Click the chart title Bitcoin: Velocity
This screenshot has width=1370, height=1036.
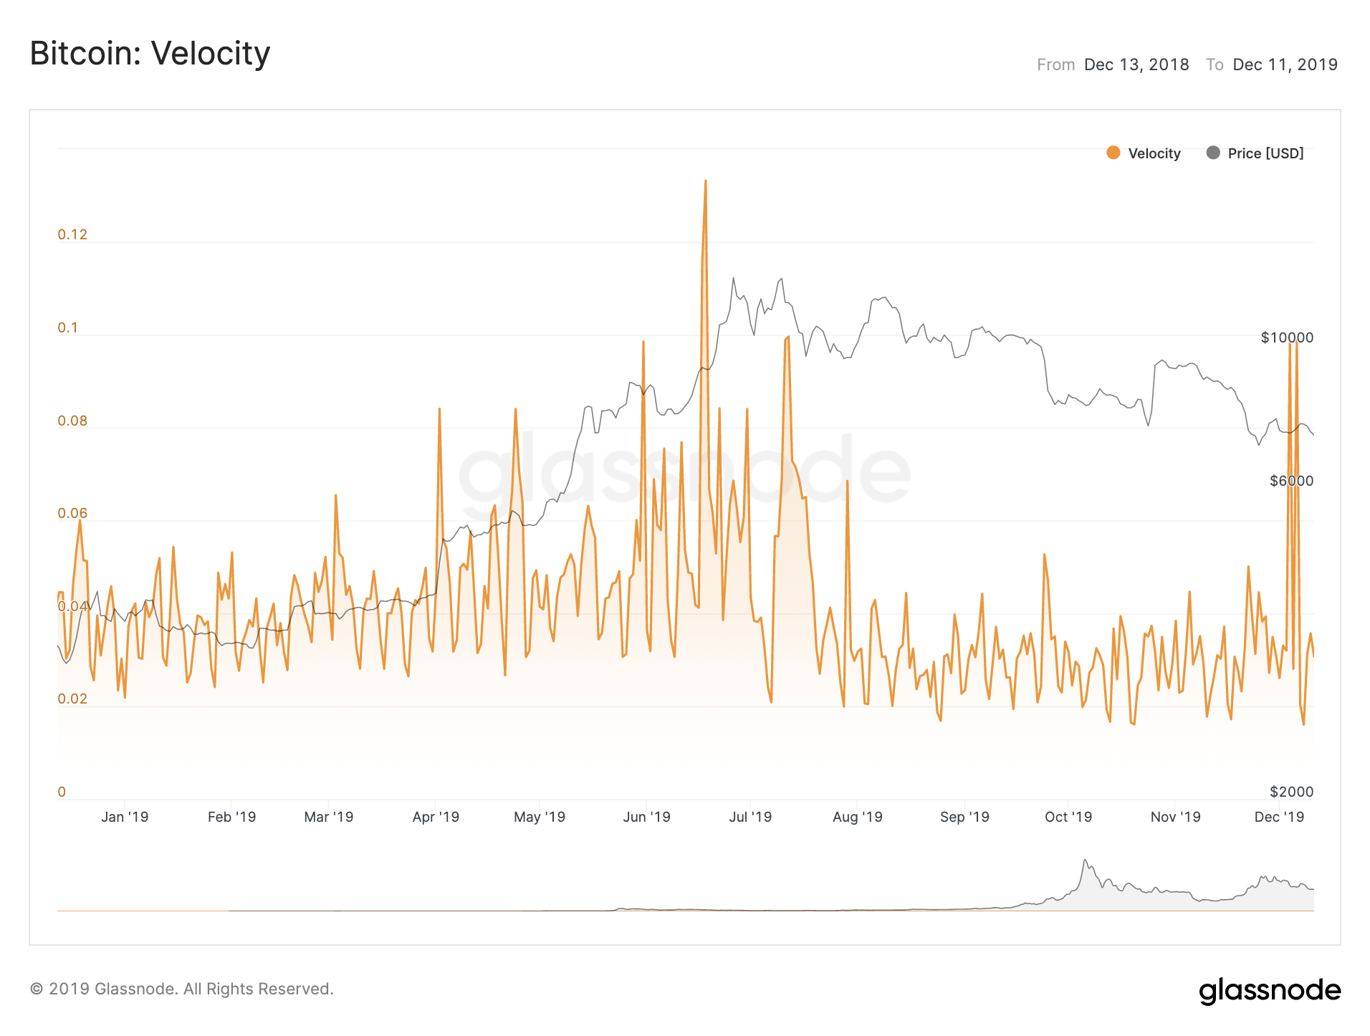click(150, 54)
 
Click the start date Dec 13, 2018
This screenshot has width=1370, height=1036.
click(1136, 64)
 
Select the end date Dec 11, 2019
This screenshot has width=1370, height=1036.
click(1285, 64)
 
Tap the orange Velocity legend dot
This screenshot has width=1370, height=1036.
click(1113, 153)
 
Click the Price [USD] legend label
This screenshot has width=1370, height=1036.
click(1265, 153)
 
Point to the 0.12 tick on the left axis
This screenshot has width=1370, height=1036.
click(72, 234)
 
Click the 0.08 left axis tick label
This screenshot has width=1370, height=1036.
click(72, 421)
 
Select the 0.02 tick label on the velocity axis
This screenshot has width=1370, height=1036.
click(72, 699)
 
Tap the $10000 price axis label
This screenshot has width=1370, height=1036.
click(1287, 337)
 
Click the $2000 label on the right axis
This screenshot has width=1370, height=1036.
click(1291, 792)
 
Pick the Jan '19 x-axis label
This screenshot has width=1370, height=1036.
click(125, 817)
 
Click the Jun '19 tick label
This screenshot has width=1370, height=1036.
click(646, 817)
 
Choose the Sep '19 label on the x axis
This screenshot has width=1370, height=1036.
click(964, 817)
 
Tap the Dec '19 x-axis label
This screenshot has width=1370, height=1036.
click(1279, 817)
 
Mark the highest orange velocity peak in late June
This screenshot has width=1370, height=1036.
click(705, 181)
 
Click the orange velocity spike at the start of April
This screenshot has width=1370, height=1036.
click(439, 410)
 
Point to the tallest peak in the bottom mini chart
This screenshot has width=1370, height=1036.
click(1085, 860)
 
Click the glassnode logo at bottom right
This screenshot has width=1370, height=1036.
click(1270, 990)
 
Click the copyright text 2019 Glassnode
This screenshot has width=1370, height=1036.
click(182, 989)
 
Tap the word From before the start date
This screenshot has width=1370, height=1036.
click(1055, 64)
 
